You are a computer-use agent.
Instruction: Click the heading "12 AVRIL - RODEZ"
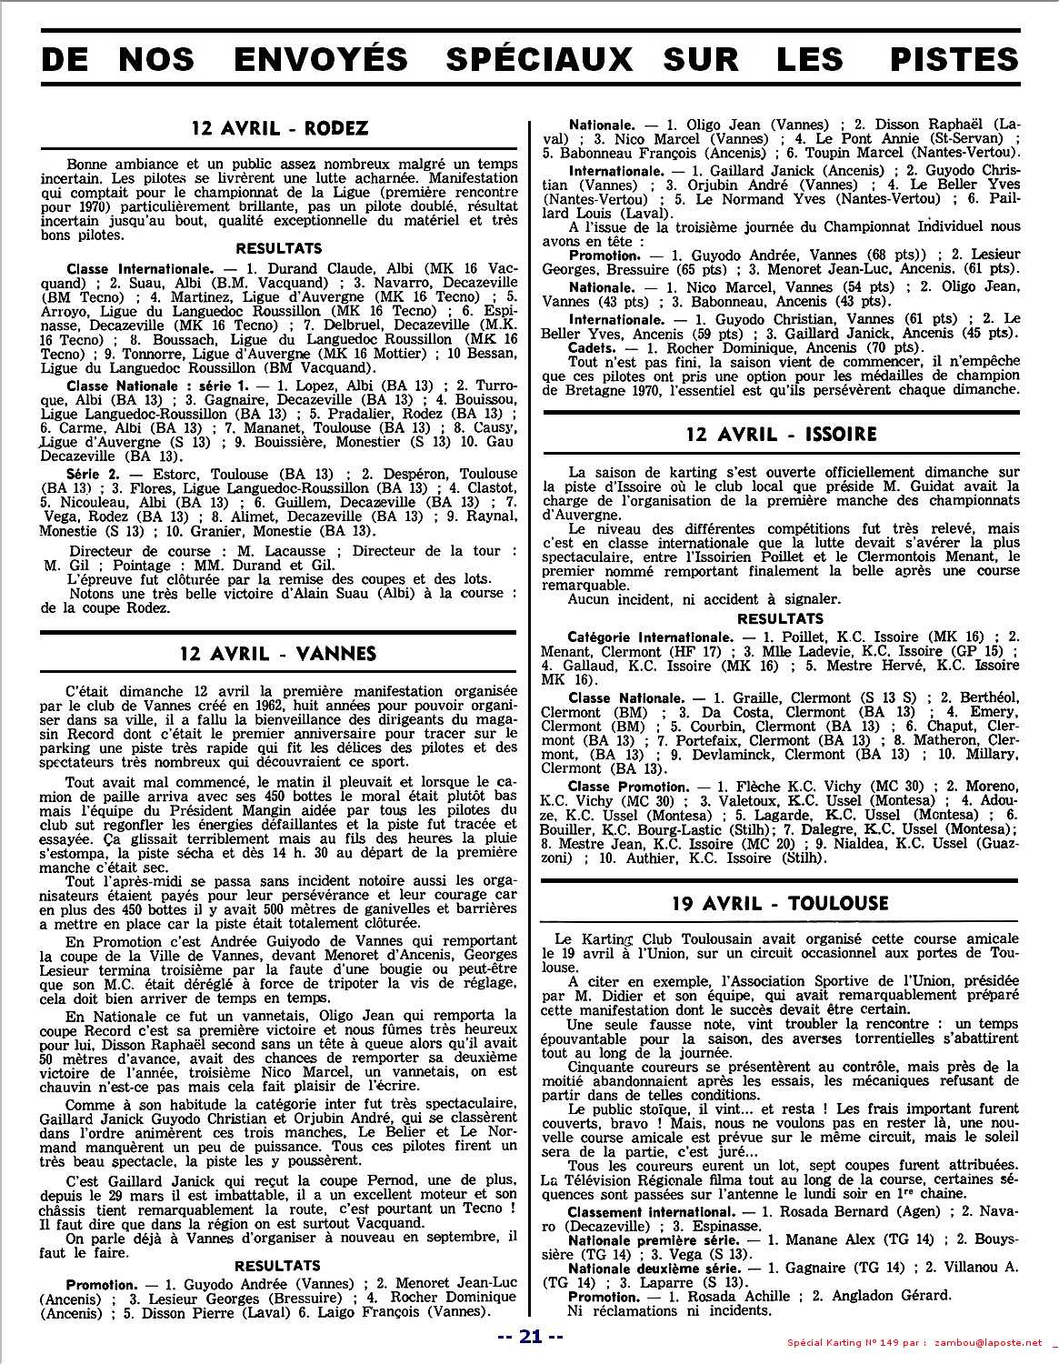280,128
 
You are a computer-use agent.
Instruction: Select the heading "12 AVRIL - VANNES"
278,653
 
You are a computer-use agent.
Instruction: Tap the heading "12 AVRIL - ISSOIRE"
781,434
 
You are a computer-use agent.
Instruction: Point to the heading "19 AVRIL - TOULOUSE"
780,903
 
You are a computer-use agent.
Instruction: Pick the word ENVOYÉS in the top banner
321,59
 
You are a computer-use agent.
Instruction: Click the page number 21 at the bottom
531,1336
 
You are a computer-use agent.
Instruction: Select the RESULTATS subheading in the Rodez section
278,247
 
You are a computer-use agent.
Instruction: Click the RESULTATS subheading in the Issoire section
780,618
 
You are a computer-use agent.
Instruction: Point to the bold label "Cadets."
594,347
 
